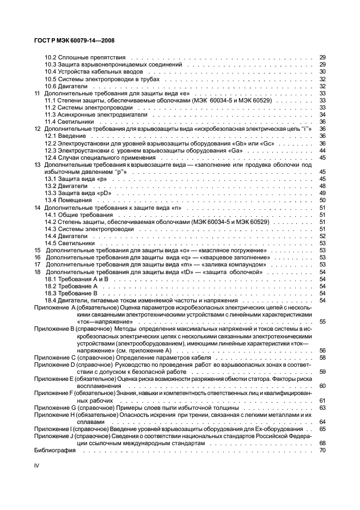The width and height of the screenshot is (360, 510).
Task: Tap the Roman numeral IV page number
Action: [x=37, y=466]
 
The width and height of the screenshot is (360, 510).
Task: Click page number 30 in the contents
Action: [x=322, y=71]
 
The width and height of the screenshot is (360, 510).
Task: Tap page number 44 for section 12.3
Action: [x=322, y=150]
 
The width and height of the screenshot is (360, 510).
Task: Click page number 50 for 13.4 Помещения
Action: [x=322, y=201]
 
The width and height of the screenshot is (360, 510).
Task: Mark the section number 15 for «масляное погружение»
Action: [x=38, y=251]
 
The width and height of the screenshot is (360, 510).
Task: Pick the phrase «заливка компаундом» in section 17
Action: [x=230, y=265]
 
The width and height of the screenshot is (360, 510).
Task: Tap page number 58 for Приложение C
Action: [x=322, y=357]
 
